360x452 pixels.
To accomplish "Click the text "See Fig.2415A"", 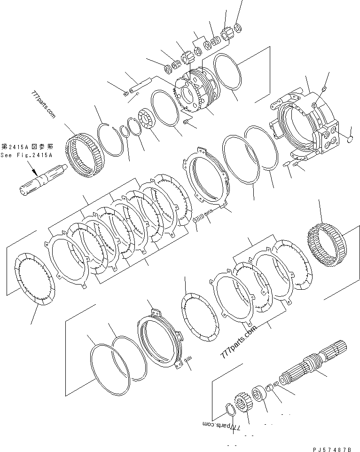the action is (26, 155).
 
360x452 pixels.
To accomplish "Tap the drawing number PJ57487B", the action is (333, 449).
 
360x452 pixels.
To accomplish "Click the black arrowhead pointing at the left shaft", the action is (35, 173).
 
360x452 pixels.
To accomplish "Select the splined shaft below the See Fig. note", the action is (44, 180).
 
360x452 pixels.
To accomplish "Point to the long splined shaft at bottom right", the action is (313, 364).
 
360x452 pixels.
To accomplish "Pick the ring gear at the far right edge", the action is (327, 246).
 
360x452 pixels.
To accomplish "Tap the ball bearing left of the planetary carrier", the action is (148, 119).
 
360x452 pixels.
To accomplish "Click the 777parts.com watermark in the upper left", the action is (43, 104).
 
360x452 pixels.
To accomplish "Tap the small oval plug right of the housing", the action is (350, 140).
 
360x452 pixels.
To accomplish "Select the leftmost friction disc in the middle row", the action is (35, 279).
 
